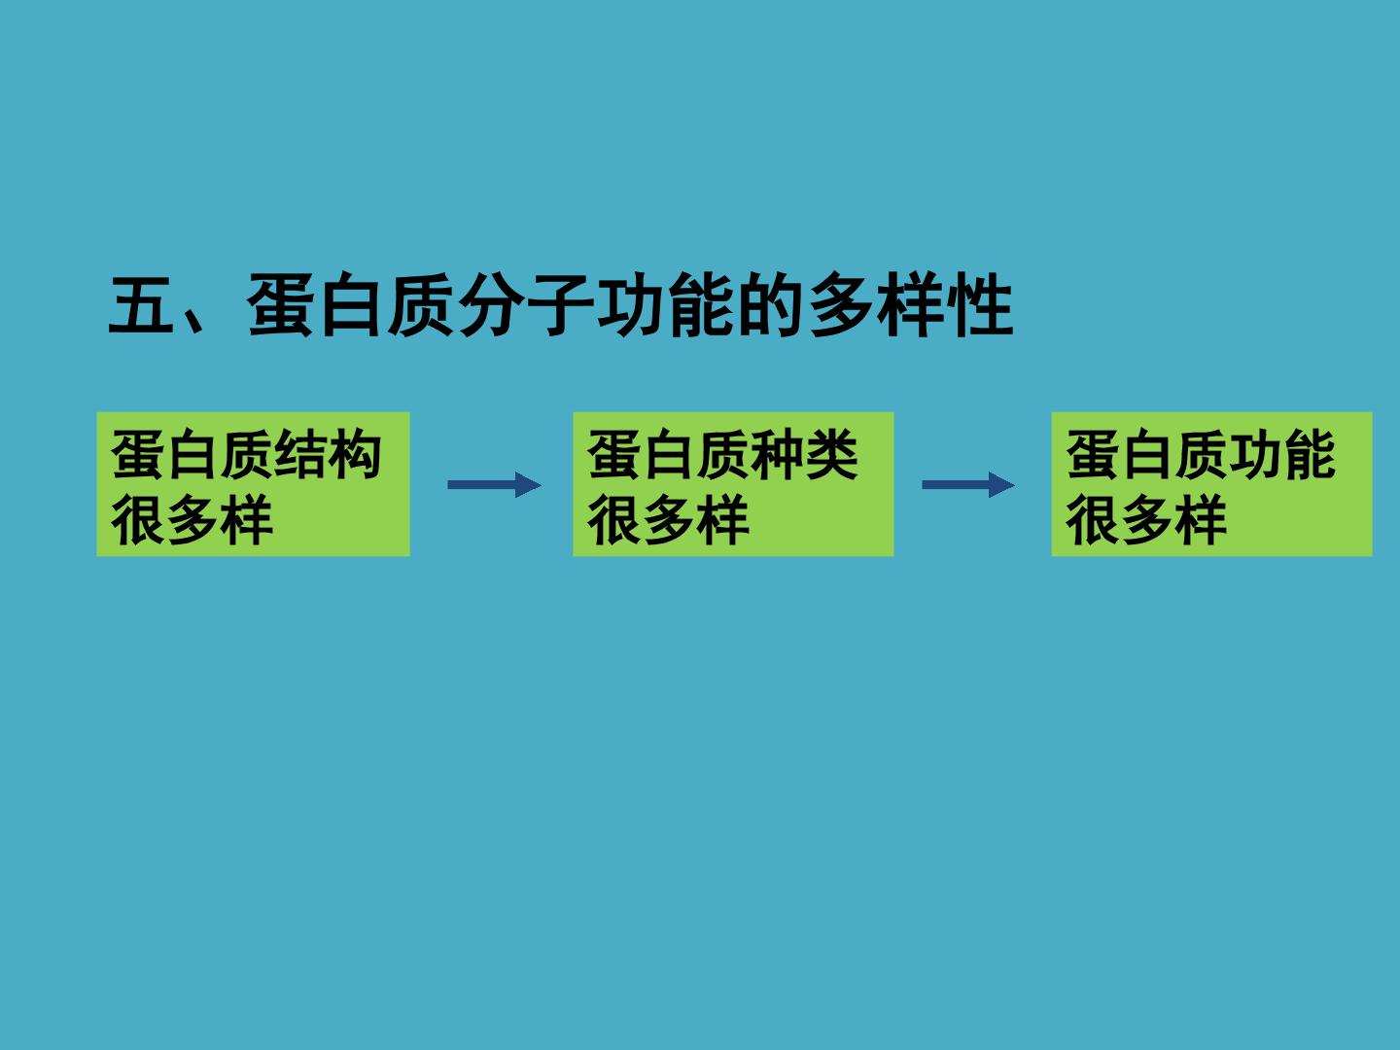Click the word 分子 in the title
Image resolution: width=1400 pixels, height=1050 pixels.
coord(527,304)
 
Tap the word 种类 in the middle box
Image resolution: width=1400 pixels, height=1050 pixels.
coord(805,454)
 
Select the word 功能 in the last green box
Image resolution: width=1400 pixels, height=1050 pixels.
coord(1282,454)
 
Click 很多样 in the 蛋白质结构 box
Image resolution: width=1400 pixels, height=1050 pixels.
coord(192,519)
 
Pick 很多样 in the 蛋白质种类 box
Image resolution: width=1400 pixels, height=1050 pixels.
coord(669,519)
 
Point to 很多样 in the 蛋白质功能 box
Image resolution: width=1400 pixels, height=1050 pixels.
coord(1146,519)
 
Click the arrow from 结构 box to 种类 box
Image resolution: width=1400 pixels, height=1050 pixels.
coord(494,485)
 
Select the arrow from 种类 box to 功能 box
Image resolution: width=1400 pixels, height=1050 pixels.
coord(968,485)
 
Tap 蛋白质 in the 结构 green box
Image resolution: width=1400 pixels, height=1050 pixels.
coord(192,454)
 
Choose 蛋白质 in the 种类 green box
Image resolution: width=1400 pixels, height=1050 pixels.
coord(669,454)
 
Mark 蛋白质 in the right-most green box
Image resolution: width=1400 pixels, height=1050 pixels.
coord(1147,454)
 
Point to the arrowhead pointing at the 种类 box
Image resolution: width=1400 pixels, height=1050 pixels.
coord(529,485)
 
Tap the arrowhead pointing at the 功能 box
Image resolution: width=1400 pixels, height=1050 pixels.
coord(1002,485)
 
